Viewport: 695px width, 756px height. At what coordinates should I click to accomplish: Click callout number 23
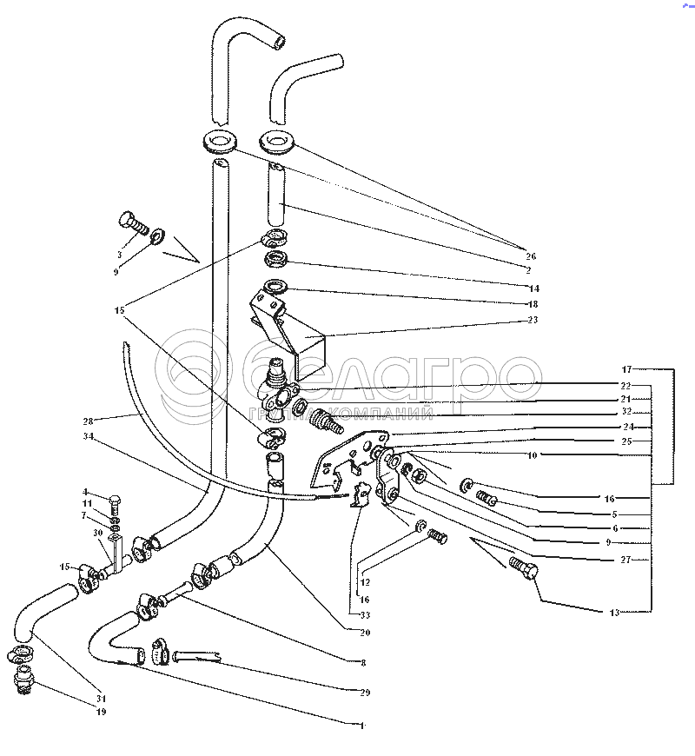533,320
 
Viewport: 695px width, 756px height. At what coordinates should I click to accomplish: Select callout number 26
531,256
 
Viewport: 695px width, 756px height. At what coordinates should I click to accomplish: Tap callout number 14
533,288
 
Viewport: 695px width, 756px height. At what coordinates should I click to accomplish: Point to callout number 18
533,304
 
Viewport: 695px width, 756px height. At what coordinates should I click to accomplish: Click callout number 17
626,369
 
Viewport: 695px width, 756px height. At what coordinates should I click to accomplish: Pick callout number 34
87,437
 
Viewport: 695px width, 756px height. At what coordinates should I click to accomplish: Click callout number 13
614,613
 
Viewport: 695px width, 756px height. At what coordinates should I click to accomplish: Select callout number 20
364,633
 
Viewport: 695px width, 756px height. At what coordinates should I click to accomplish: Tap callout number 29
366,693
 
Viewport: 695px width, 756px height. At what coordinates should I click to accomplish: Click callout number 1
362,724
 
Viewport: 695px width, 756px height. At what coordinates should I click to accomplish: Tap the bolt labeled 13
524,571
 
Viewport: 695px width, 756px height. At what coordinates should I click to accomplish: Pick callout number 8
362,662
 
